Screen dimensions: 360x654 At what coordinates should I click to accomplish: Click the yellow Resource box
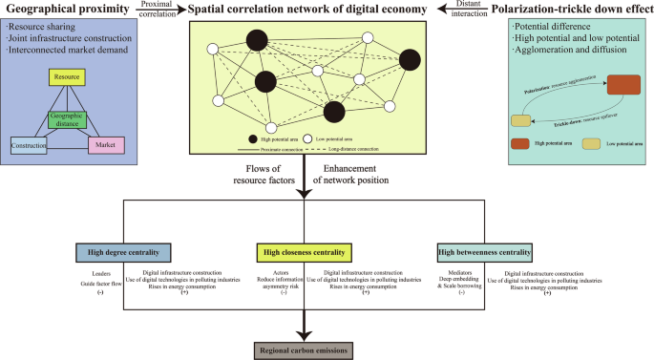pos(67,74)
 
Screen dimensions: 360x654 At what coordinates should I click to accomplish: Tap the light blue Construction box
pos(30,144)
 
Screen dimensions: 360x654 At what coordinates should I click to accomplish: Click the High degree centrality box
pos(124,253)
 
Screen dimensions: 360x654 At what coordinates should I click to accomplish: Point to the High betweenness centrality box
pos(485,253)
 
